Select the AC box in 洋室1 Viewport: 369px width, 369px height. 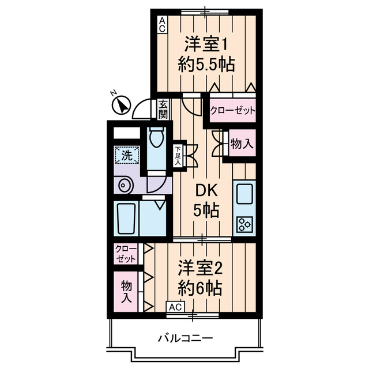(x=162, y=24)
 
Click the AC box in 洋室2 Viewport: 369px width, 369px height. (x=176, y=307)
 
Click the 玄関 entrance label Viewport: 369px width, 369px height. (x=163, y=110)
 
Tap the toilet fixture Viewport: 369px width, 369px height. (x=156, y=138)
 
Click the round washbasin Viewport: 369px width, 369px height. (x=124, y=186)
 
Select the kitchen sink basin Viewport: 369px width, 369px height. (x=244, y=194)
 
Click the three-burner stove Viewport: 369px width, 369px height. (x=244, y=224)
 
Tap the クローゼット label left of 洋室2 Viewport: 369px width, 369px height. (x=125, y=254)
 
